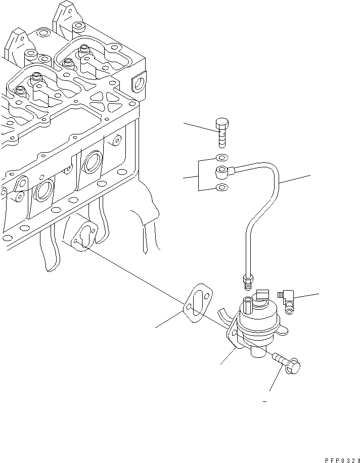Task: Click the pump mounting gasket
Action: click(x=199, y=303)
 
